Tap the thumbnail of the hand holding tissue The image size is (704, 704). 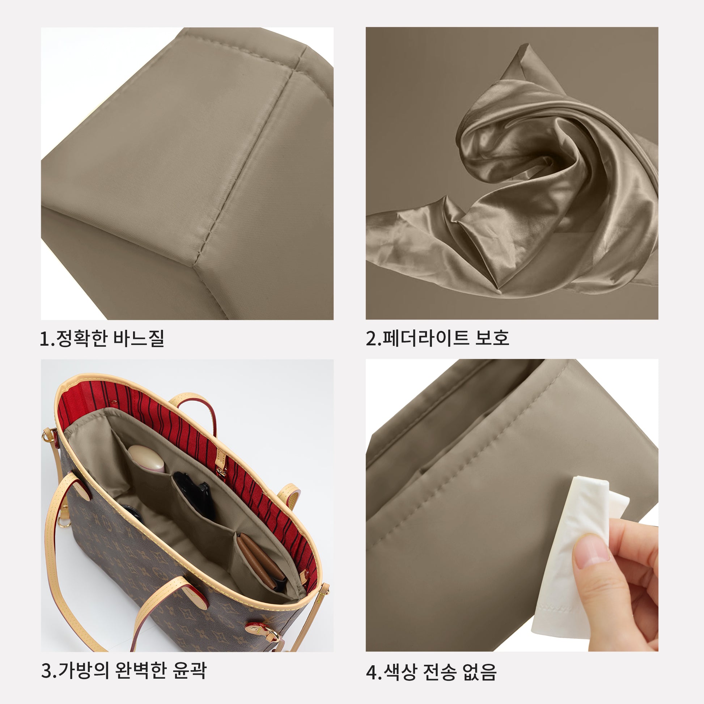point(512,505)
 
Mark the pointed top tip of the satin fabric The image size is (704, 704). point(526,44)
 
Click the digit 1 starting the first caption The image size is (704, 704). point(45,339)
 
